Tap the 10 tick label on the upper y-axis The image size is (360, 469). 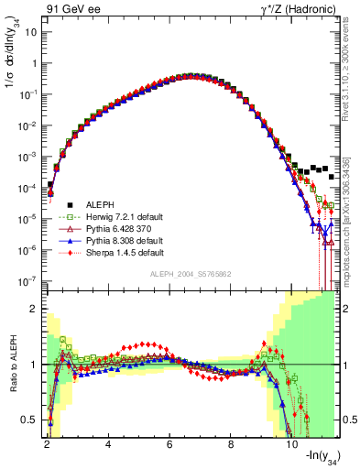[x=32, y=32]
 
